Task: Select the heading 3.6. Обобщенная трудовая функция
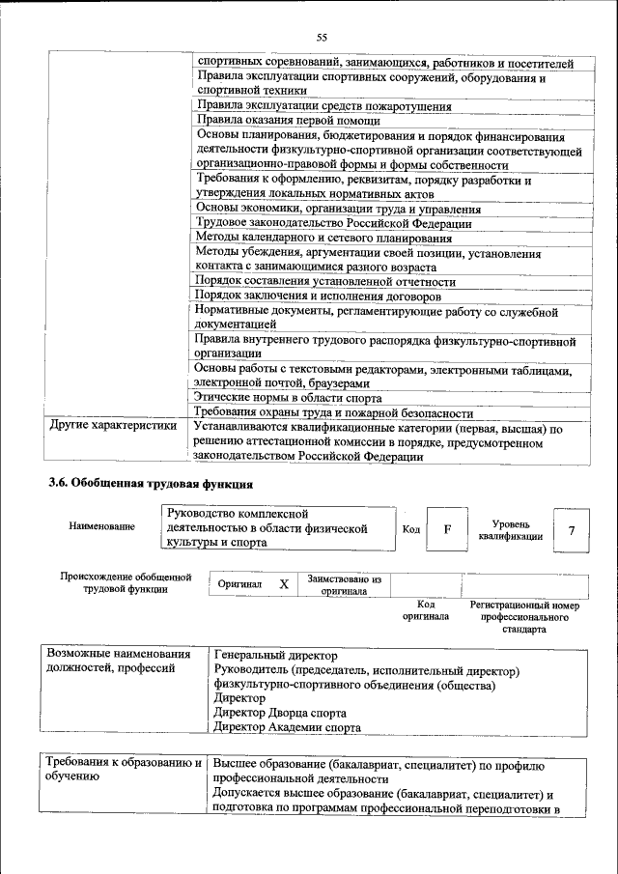pos(152,482)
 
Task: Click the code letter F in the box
pos(447,529)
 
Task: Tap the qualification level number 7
pos(572,529)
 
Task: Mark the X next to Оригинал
pos(284,584)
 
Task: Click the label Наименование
pos(102,526)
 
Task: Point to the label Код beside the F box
pos(410,529)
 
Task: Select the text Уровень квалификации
pos(510,529)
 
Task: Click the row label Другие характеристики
pos(113,425)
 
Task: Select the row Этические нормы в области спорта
pos(288,397)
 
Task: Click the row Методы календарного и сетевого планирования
pos(323,238)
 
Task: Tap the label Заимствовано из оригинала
pos(345,585)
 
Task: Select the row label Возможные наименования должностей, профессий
pos(119,662)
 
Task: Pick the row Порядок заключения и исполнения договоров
pos(319,295)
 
